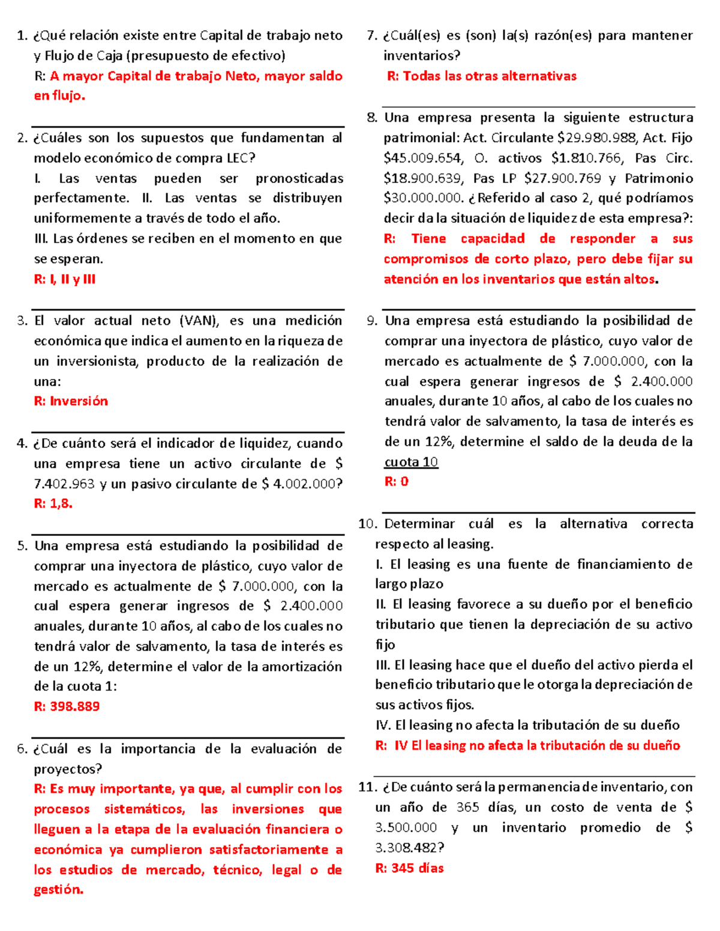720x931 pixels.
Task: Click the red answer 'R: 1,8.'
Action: click(x=53, y=504)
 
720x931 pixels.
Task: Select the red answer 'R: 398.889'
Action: click(x=67, y=706)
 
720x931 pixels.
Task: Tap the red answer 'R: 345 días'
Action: click(x=409, y=868)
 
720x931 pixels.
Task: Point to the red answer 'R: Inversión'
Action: click(x=71, y=401)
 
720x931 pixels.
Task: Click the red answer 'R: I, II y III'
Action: click(x=65, y=279)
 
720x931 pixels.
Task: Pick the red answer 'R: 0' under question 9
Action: click(x=397, y=481)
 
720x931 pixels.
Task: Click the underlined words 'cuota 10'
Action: click(x=411, y=462)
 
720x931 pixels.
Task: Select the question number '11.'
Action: click(x=367, y=787)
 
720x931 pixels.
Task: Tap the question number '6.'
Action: click(x=23, y=749)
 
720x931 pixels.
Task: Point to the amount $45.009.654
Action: click(x=424, y=158)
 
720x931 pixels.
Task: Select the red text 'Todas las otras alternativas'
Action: click(x=490, y=76)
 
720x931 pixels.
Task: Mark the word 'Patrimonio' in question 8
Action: click(x=659, y=179)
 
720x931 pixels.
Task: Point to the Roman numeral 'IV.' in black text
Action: click(x=383, y=725)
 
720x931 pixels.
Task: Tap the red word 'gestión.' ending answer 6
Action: click(x=58, y=890)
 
